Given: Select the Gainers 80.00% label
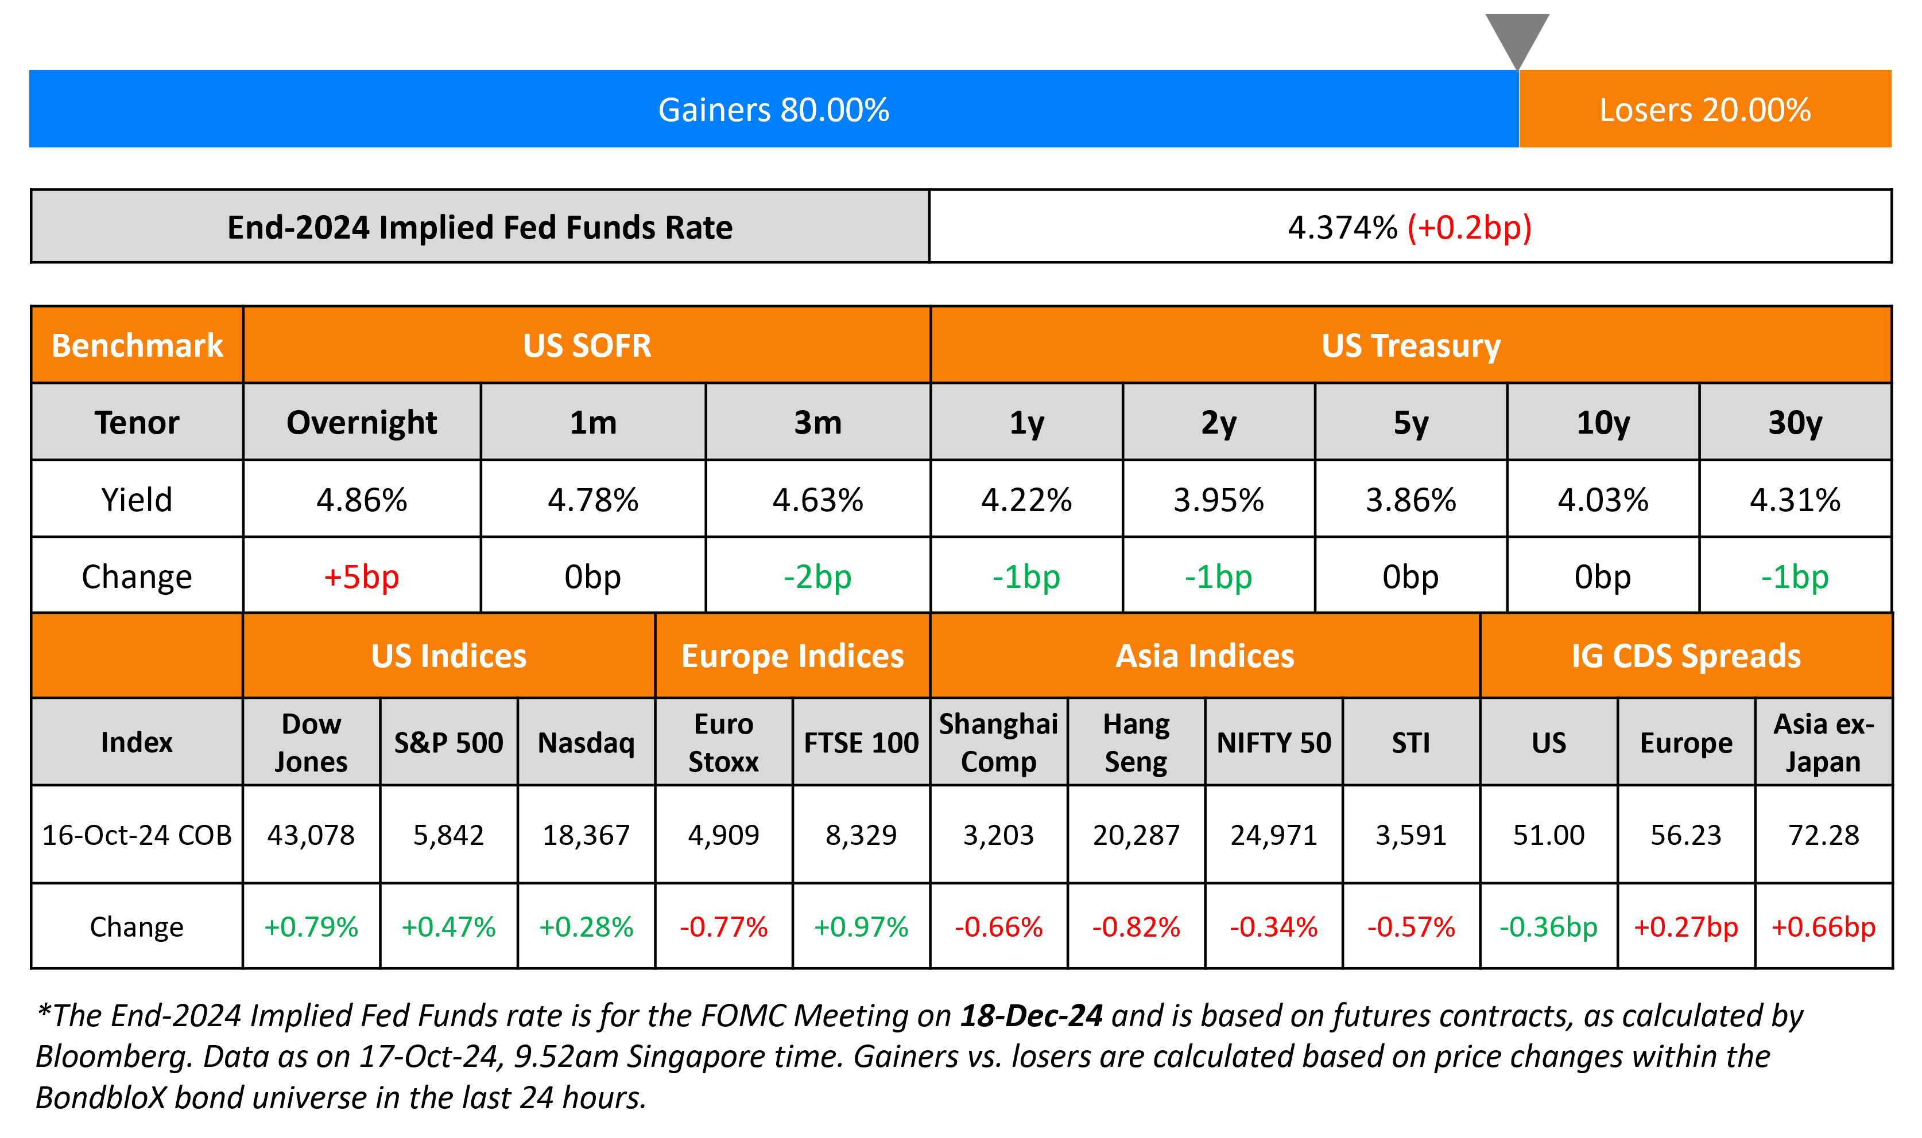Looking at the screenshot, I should click(773, 110).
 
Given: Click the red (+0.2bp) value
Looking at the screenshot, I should click(1469, 228).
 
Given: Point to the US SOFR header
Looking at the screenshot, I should click(587, 346).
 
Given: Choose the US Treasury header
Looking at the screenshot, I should click(1410, 346).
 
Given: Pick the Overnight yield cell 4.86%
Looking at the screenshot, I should click(362, 500).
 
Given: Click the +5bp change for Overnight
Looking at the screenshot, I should click(362, 576).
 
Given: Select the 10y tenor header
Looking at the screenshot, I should click(1603, 423).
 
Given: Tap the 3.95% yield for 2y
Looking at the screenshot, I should click(1218, 500).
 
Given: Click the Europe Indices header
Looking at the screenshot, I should click(793, 656).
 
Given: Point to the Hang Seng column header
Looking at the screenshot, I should click(1136, 742).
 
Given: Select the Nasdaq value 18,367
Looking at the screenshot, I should click(586, 835).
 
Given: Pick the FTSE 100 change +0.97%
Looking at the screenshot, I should click(861, 927).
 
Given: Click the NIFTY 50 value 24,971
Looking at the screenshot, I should click(1274, 835).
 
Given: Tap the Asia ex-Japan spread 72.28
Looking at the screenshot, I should click(1823, 835).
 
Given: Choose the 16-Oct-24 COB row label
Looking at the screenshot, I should click(137, 835).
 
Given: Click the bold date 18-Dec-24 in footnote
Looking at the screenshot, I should click(1031, 1015).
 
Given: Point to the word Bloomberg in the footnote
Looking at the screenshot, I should click(112, 1057).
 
